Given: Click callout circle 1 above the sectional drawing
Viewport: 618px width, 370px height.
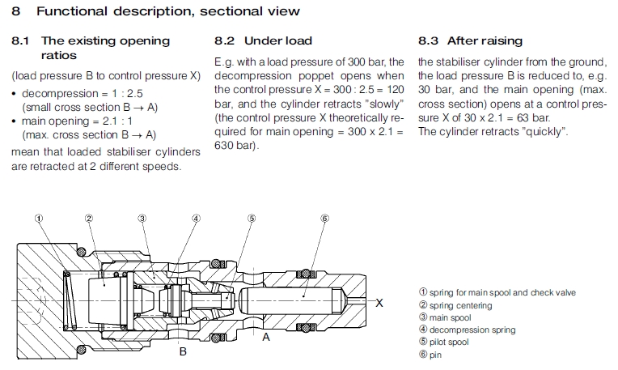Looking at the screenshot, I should coord(38,218).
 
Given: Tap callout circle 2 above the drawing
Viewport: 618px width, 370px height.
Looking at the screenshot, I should coord(89,218).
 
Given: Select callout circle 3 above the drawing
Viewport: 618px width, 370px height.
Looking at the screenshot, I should coord(142,218).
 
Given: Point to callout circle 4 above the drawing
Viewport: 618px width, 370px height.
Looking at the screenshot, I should coord(196,218).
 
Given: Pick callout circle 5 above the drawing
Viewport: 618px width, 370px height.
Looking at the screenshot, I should coord(252,218).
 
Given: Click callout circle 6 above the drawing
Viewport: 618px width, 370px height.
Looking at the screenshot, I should coord(324,218).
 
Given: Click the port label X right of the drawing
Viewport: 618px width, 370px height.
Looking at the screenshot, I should coord(379,302).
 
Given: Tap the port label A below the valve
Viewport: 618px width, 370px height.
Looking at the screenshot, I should coord(266,338).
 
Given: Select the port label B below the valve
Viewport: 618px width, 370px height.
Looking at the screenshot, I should coord(183,351).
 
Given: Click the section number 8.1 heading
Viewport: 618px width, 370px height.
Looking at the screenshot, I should coord(23,40).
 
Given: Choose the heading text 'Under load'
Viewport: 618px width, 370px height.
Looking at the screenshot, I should coord(277,40).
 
